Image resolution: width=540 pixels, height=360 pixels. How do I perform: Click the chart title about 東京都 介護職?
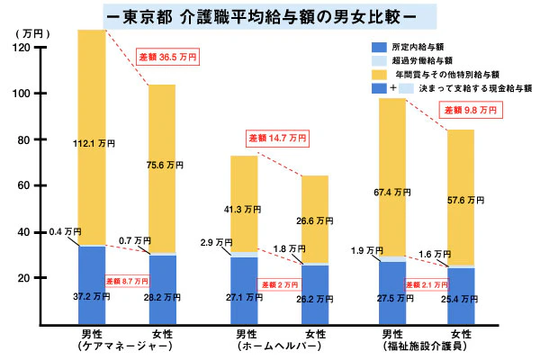(x=270, y=15)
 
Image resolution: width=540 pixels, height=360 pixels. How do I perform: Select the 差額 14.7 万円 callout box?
(x=277, y=139)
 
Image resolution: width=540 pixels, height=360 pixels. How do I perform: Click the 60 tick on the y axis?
(x=27, y=186)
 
